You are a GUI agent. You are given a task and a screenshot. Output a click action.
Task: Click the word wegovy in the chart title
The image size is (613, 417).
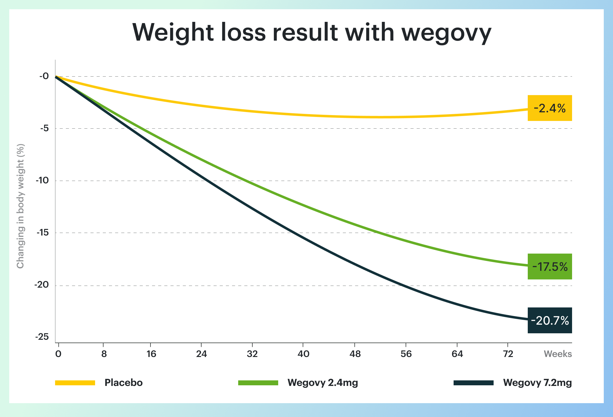coord(446,33)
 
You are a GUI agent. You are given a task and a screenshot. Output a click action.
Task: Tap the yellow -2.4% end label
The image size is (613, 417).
coord(550,108)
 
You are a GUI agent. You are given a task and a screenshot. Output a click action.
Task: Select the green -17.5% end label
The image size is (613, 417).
coord(550,267)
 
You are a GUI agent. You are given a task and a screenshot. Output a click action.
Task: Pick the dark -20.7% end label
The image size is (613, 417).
coord(550,320)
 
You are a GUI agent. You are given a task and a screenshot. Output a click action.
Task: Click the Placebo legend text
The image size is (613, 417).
coord(123,383)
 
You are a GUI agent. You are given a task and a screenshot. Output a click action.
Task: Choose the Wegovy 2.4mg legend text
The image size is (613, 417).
coord(323,383)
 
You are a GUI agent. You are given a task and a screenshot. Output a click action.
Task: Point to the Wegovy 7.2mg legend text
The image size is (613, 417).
coord(537,383)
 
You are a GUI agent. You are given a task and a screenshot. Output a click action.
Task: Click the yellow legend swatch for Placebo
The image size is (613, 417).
coord(75,383)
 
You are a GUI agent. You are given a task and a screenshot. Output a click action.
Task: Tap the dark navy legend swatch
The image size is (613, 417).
coord(474,383)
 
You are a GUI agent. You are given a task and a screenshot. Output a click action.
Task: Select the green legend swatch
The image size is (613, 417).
coord(258,383)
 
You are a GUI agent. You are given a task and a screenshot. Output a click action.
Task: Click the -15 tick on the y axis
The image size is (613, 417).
coord(42,233)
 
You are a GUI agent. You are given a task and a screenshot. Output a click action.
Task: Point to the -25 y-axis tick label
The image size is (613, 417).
coord(42,337)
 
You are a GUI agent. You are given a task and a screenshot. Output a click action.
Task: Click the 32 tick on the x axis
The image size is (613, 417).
coord(252,354)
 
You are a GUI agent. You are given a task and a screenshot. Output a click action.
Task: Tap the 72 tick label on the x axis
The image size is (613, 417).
coord(508,354)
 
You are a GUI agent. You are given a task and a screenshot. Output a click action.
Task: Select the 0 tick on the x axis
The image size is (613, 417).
coord(58,354)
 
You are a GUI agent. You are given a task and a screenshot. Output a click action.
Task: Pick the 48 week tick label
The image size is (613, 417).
coord(355,354)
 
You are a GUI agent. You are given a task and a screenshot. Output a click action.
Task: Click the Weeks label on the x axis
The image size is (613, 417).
coord(558,354)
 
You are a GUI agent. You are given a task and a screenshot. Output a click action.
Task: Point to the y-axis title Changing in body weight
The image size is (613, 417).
coord(20,206)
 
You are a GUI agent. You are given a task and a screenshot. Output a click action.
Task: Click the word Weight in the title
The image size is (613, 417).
coord(173,33)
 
